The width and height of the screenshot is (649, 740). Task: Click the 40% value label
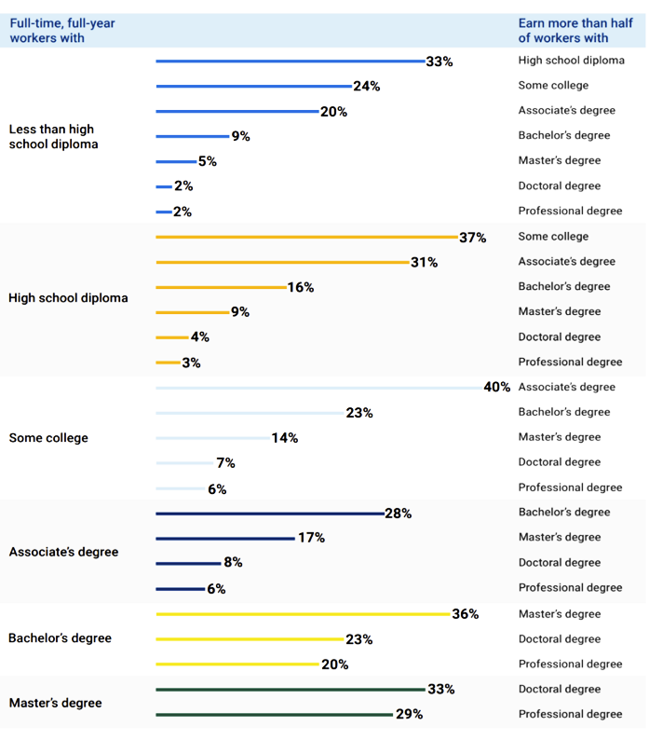coord(497,387)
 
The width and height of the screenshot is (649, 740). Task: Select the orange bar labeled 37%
coord(306,237)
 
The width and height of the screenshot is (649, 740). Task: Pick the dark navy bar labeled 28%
coord(269,514)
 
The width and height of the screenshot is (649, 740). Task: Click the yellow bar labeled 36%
coord(303,614)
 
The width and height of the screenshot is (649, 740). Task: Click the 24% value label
coord(366,87)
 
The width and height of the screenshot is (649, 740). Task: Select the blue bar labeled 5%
coord(176,161)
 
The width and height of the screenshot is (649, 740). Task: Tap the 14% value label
coord(285,438)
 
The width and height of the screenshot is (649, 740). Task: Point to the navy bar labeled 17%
coord(225,538)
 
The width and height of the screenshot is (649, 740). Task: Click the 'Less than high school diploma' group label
coord(51,136)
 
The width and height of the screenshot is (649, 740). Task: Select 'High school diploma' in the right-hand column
coord(571,61)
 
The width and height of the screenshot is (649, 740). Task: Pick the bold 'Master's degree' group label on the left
coord(57,702)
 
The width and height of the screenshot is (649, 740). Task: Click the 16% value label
coord(300,287)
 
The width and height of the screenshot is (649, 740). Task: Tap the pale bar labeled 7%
coord(184,463)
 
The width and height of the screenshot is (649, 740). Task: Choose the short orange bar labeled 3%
coord(168,362)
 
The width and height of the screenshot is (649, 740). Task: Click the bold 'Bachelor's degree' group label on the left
coord(60,638)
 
